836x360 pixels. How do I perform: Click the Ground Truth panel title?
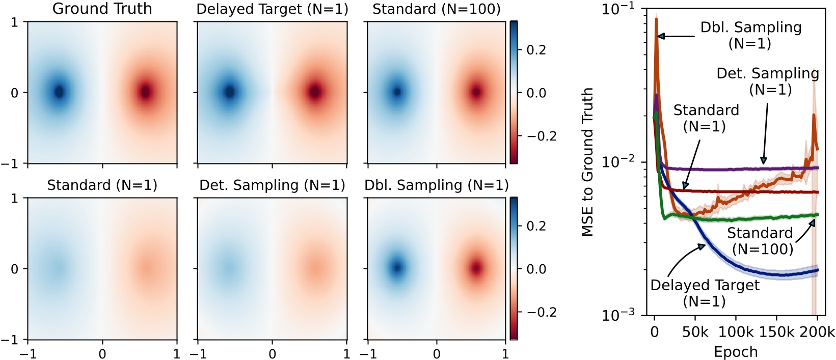[102, 9]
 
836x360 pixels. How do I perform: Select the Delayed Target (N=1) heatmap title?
[272, 9]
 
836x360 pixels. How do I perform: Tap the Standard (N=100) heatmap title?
[437, 9]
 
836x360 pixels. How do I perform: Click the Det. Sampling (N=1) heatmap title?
[272, 185]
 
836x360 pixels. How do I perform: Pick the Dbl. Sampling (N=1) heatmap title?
[437, 185]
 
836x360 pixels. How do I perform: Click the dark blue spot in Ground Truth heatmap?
[59, 92]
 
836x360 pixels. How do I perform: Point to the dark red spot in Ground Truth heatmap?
[146, 92]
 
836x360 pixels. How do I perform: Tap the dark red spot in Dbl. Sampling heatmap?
[476, 267]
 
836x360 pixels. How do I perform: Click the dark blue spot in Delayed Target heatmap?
[229, 92]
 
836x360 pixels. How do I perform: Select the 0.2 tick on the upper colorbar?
[536, 50]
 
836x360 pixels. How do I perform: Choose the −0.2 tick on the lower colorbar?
[541, 312]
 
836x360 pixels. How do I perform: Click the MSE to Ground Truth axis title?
[587, 161]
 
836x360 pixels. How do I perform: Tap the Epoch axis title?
[735, 352]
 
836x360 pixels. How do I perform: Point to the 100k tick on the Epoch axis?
[736, 333]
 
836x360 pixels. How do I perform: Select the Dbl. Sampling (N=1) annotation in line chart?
[750, 35]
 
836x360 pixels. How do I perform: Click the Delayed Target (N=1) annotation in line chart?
[705, 293]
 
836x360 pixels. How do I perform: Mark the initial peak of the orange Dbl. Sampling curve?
[656, 19]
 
